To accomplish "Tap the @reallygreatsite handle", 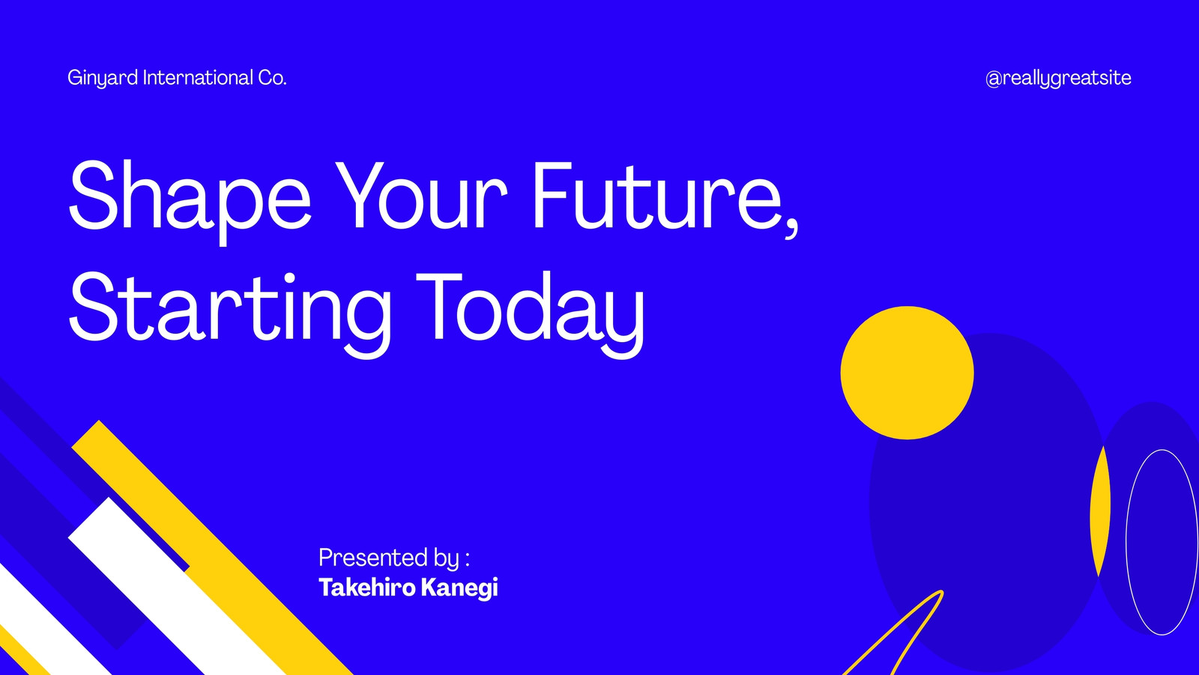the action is [x=1058, y=79].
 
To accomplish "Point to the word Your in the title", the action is [x=421, y=195].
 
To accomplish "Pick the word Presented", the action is [x=374, y=558].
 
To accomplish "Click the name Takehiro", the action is [x=367, y=587].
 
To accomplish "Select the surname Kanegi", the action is [x=460, y=588].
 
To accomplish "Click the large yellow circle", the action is [x=907, y=373].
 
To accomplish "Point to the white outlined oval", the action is [x=1126, y=541].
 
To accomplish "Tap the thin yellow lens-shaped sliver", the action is [x=1101, y=511].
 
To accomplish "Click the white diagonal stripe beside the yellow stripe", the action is [x=177, y=586].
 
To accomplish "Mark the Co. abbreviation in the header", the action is [x=273, y=78].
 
